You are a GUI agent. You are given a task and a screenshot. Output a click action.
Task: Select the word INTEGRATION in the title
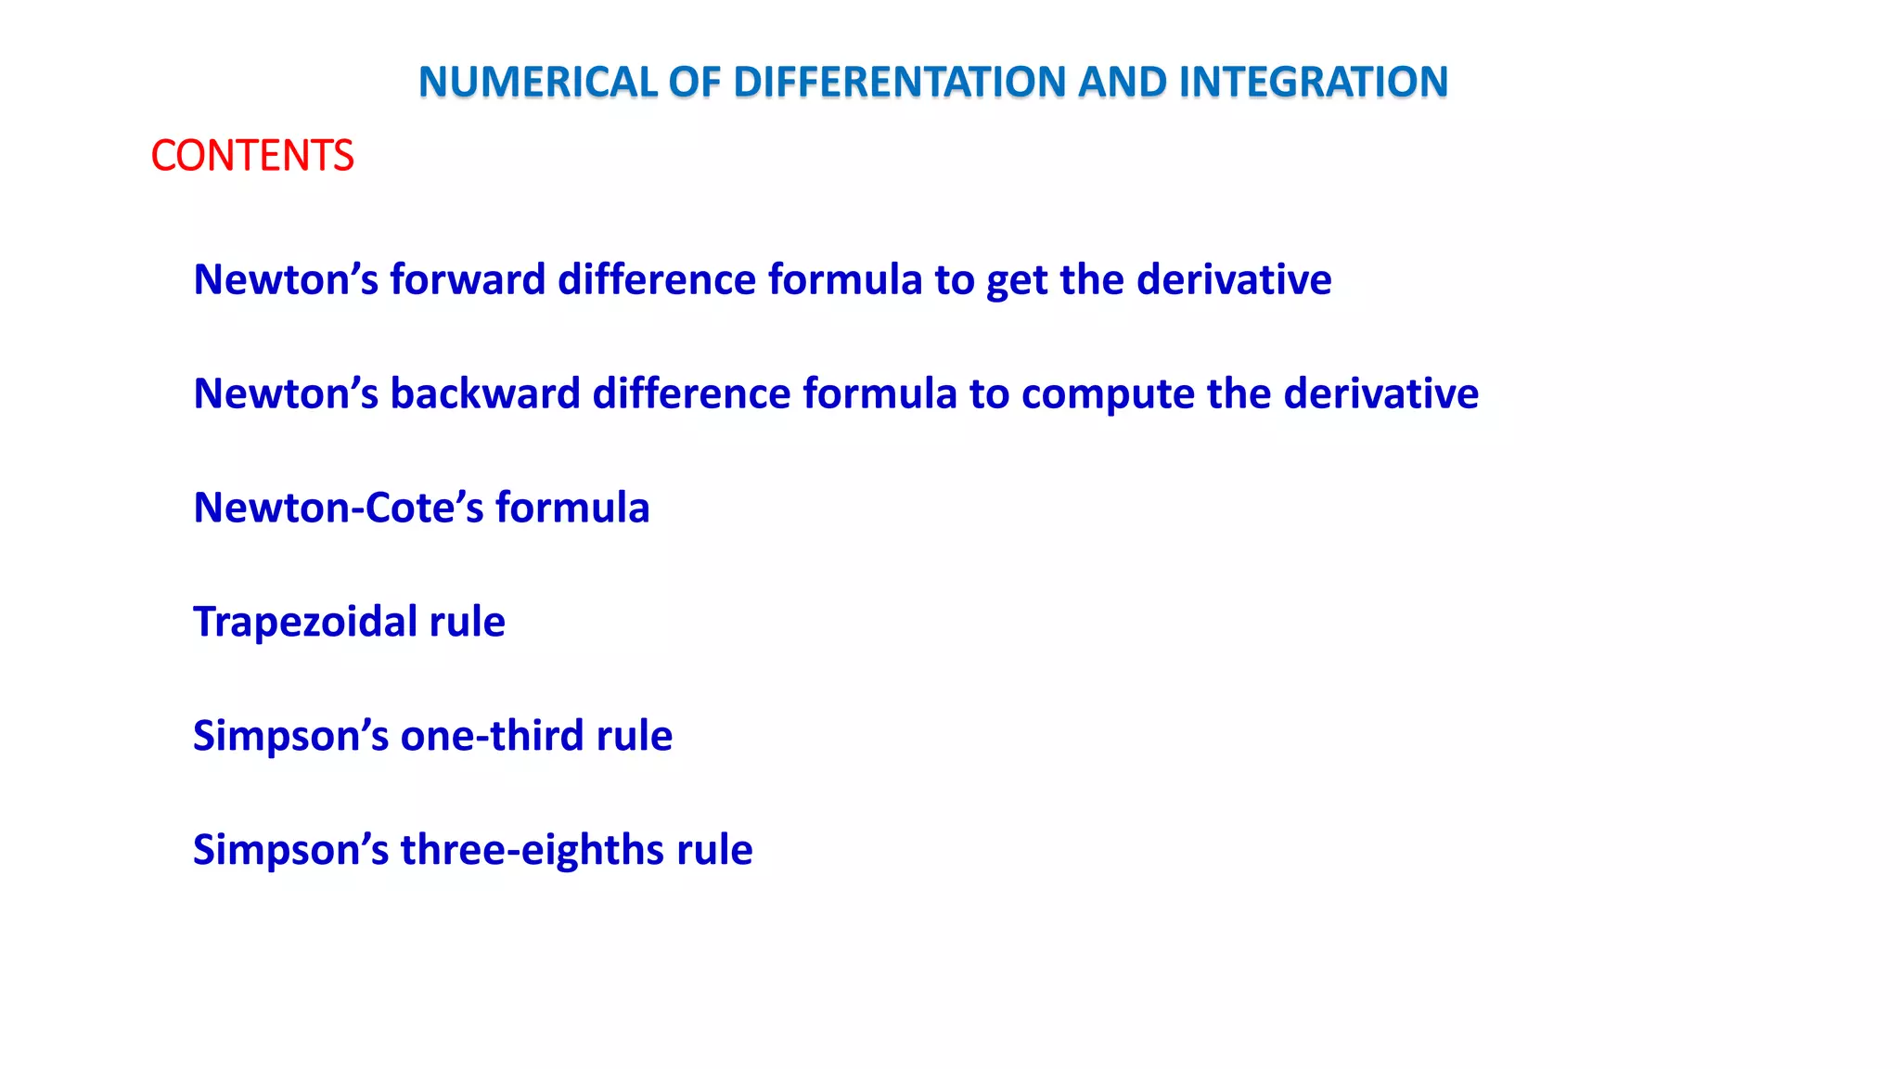1313,82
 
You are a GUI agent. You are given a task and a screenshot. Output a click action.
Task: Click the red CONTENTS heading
251,155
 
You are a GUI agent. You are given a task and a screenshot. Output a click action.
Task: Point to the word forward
468,279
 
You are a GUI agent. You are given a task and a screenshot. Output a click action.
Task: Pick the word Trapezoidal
305,622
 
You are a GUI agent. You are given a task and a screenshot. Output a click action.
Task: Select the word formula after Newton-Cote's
572,508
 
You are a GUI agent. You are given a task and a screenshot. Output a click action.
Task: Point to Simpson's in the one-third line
290,736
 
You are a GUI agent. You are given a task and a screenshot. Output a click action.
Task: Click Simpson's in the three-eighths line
290,850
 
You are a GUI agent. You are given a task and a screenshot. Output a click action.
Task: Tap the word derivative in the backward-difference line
1381,393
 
